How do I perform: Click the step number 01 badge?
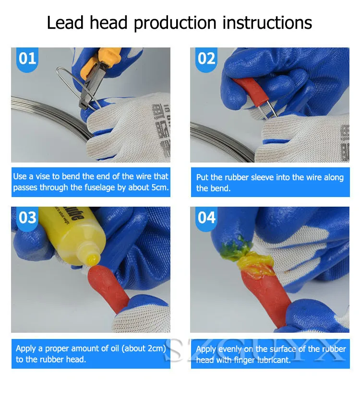click(x=27, y=59)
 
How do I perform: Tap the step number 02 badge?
click(x=206, y=59)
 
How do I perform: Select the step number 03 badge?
click(x=27, y=219)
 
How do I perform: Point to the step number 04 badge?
click(x=206, y=219)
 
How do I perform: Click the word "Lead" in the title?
click(x=65, y=23)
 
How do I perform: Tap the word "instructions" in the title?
click(x=267, y=23)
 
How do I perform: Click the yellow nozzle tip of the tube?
click(x=93, y=260)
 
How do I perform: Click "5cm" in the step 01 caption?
click(x=160, y=187)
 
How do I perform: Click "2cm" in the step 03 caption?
click(x=155, y=349)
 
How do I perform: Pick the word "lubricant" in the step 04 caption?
click(x=274, y=360)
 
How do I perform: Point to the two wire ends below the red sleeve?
click(x=270, y=109)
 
